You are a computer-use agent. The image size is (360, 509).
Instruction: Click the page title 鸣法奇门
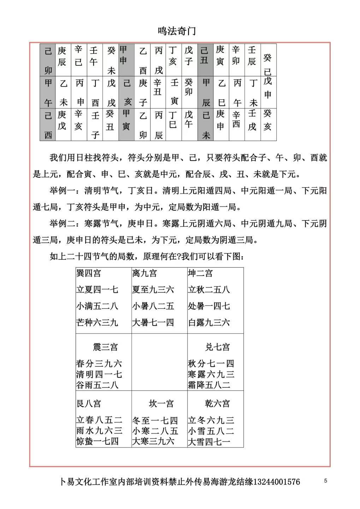coord(177,31)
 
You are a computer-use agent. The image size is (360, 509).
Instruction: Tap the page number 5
coord(325,481)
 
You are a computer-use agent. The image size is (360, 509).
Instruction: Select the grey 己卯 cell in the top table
coord(48,60)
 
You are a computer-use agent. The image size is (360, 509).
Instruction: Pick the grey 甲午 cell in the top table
coord(48,92)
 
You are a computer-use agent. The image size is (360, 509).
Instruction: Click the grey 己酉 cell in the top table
coord(48,125)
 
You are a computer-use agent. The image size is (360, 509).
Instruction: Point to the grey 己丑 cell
coord(205,55)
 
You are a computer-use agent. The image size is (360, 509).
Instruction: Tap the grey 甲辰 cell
coord(206,92)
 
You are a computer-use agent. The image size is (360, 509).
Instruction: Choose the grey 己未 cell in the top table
coord(206,125)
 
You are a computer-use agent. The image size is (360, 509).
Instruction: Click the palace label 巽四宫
coord(89,273)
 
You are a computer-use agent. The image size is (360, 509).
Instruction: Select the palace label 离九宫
coord(144,273)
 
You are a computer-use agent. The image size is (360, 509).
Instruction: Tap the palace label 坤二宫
coord(200,273)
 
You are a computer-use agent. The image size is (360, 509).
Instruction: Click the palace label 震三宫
coord(105,347)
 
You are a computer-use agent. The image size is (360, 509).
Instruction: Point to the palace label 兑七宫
coord(218,347)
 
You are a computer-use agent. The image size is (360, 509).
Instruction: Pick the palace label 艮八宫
coord(89,403)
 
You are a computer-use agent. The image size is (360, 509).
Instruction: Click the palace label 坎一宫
coord(161,403)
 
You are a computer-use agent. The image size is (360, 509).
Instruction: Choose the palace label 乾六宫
coord(218,403)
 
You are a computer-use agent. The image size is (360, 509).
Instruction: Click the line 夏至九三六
coord(153,290)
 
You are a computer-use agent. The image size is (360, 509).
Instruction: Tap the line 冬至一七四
coord(155,421)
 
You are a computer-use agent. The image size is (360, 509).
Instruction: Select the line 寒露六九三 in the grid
coord(211,374)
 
